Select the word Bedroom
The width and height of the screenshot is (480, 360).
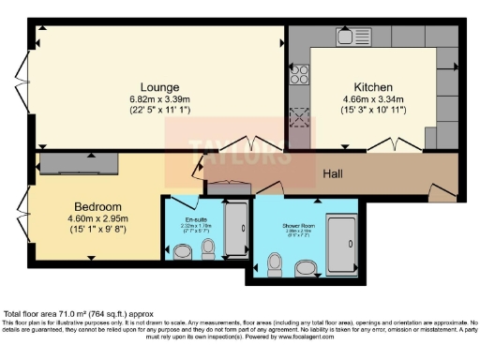(x=97, y=206)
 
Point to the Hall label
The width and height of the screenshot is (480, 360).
(x=333, y=174)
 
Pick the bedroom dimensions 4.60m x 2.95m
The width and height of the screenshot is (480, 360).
(x=98, y=218)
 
